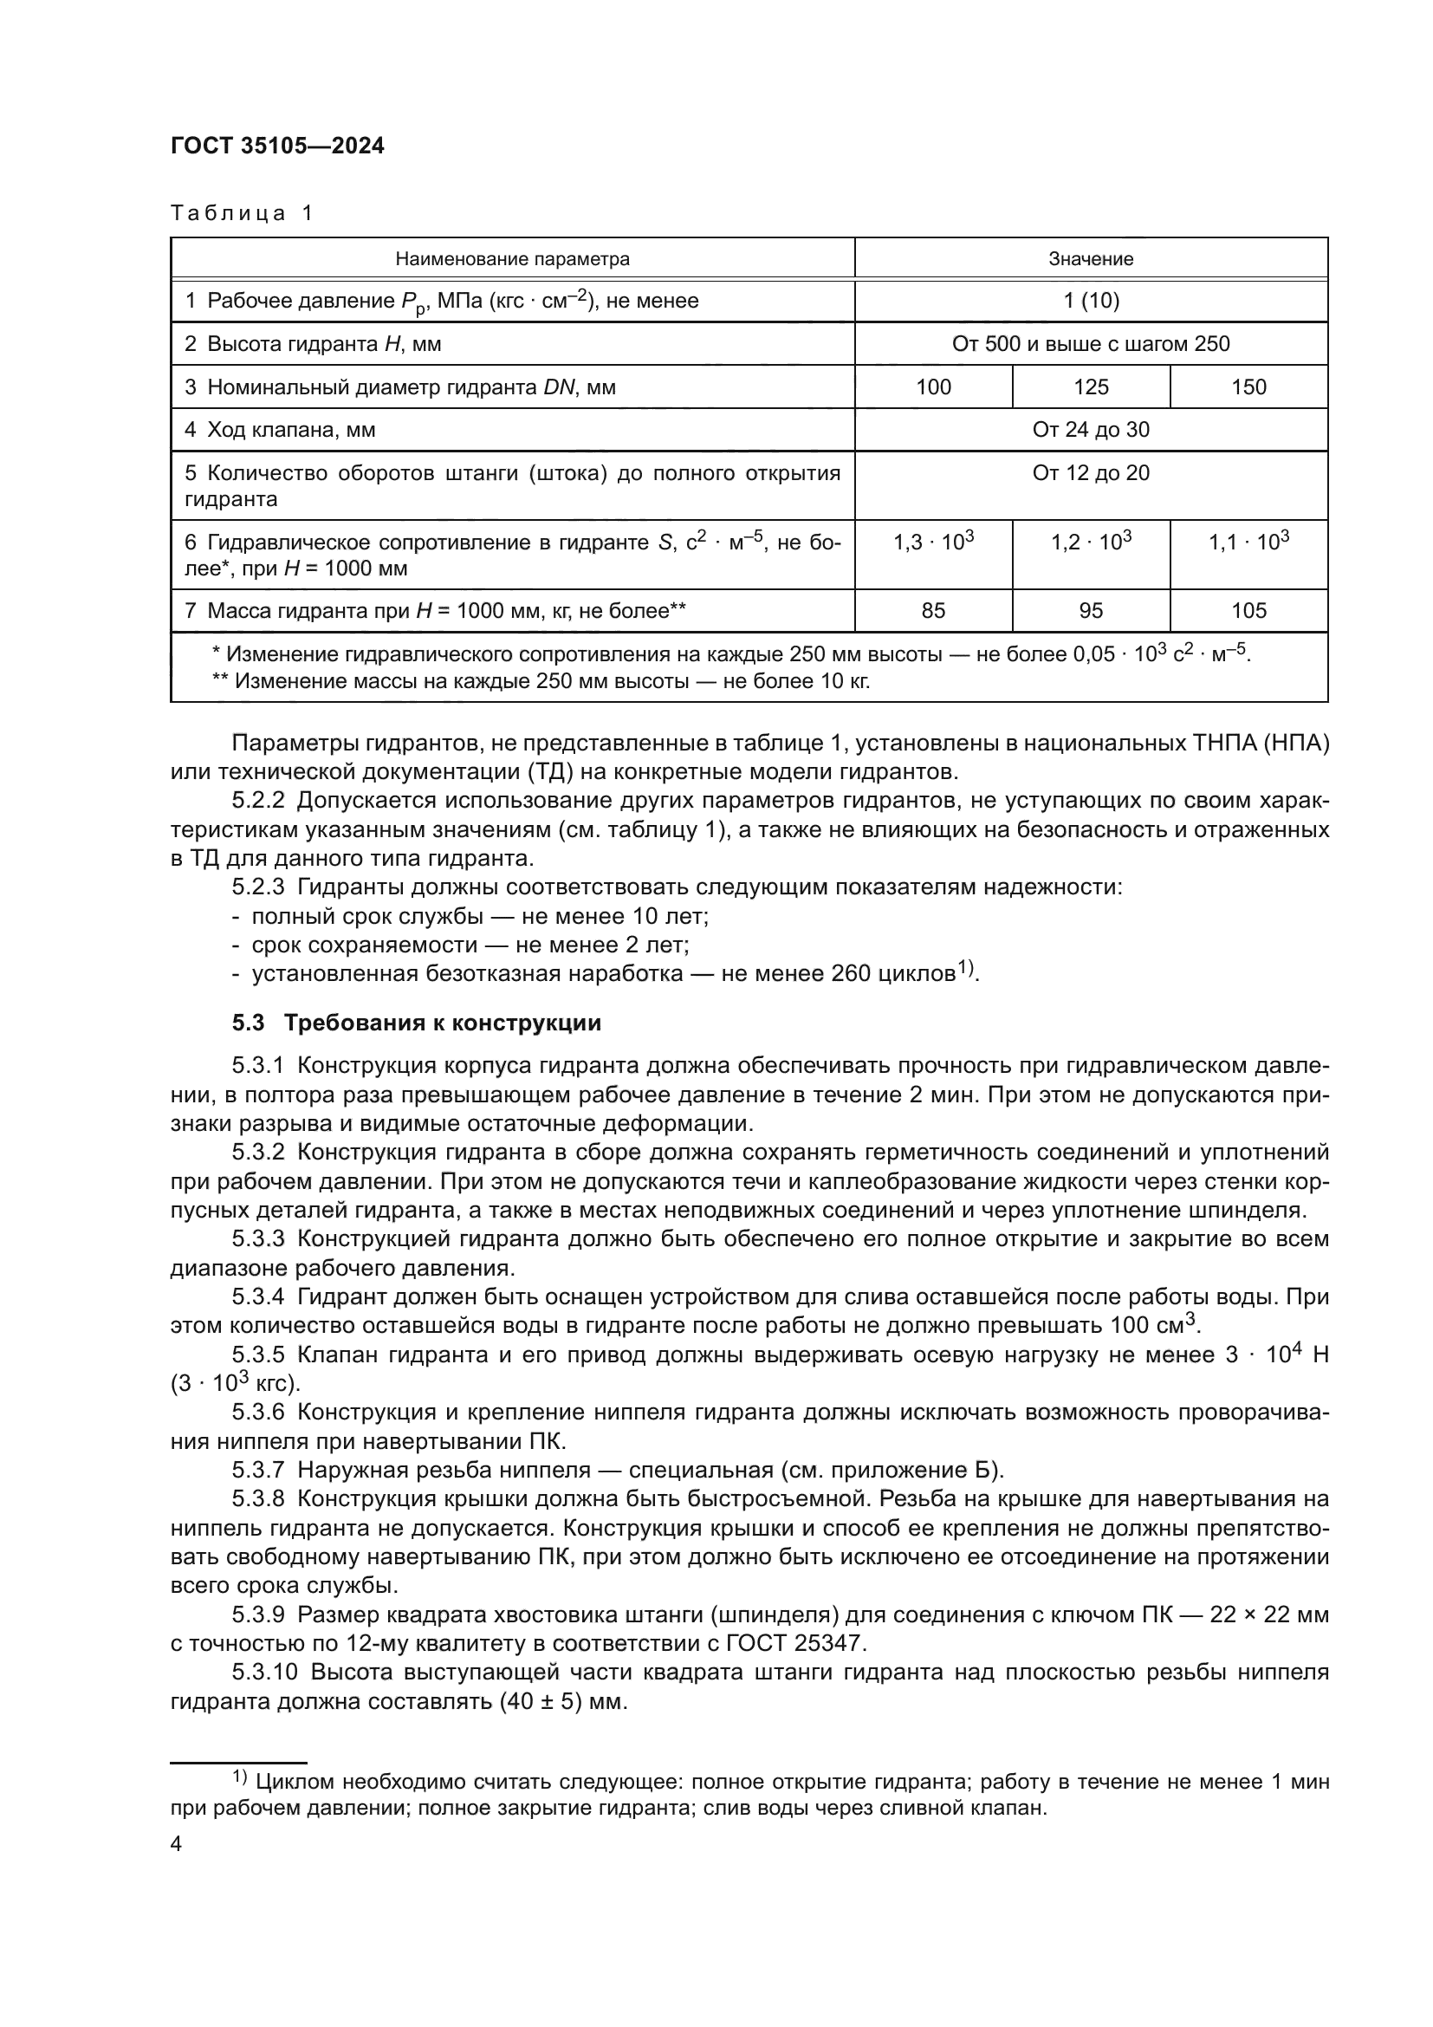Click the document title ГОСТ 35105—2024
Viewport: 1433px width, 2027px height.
277,146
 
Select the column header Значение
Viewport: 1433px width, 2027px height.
1091,258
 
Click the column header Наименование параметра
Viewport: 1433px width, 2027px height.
512,258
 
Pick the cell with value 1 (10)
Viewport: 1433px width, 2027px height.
1091,301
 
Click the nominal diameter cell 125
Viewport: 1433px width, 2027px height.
1091,387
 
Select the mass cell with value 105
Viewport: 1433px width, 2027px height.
1248,611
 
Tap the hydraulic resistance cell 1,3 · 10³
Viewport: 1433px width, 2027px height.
933,542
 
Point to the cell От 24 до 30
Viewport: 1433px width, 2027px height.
1091,430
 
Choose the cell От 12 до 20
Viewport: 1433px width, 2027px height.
1091,473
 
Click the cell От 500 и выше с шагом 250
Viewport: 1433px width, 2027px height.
1091,344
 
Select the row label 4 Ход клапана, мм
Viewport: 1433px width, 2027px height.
280,430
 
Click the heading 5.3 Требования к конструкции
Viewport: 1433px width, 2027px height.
417,1023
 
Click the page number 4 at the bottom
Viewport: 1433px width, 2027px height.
176,1844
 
